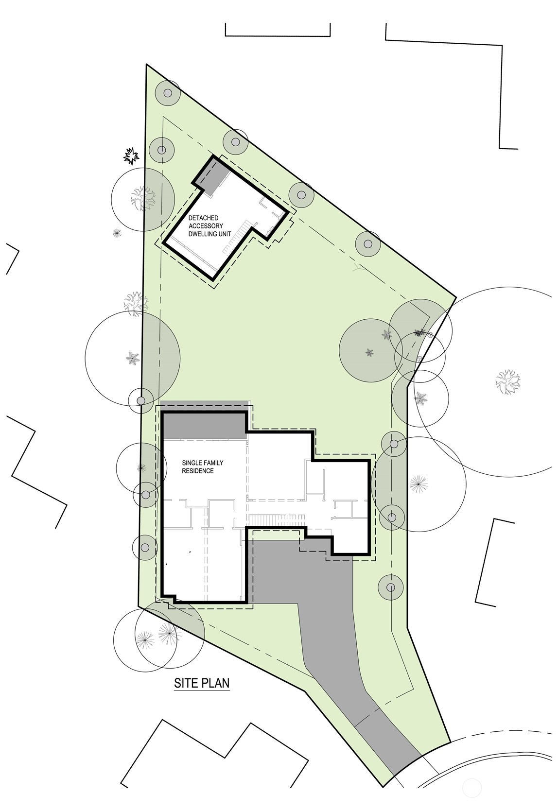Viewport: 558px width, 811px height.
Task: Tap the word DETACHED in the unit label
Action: [x=204, y=218]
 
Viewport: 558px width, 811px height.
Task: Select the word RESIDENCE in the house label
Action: [x=198, y=471]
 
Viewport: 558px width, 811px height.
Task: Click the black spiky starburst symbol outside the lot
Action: [x=131, y=156]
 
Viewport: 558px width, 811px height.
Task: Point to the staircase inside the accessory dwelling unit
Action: [x=236, y=238]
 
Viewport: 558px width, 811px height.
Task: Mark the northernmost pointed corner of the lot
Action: [x=147, y=65]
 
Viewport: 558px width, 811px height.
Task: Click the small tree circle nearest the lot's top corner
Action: [x=168, y=93]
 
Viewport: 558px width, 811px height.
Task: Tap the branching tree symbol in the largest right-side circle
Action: [x=508, y=381]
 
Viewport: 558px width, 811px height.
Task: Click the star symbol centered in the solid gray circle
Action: [x=369, y=352]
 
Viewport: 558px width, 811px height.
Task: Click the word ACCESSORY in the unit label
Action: [x=206, y=226]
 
